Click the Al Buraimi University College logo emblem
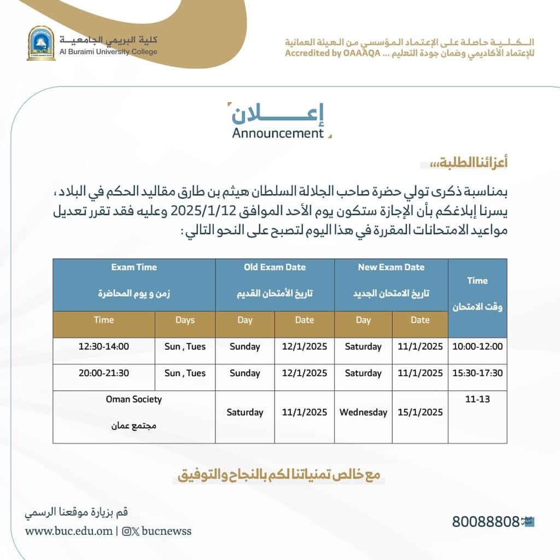click(x=41, y=43)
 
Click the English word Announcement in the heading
click(x=278, y=133)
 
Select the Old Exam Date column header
click(x=275, y=267)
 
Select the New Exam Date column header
click(x=391, y=267)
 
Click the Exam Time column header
click(x=134, y=267)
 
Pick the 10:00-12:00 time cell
click(x=477, y=346)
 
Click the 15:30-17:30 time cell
click(x=477, y=373)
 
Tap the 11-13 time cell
click(x=477, y=400)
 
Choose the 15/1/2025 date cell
click(x=420, y=412)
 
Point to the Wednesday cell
click(x=363, y=412)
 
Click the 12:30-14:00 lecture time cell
click(x=104, y=346)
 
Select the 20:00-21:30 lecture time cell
click(x=104, y=373)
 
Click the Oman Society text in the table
click(x=134, y=399)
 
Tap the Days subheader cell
click(x=185, y=320)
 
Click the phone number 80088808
click(x=485, y=522)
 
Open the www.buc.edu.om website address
click(x=69, y=531)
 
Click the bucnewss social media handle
click(x=166, y=531)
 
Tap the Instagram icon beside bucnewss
click(x=127, y=531)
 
